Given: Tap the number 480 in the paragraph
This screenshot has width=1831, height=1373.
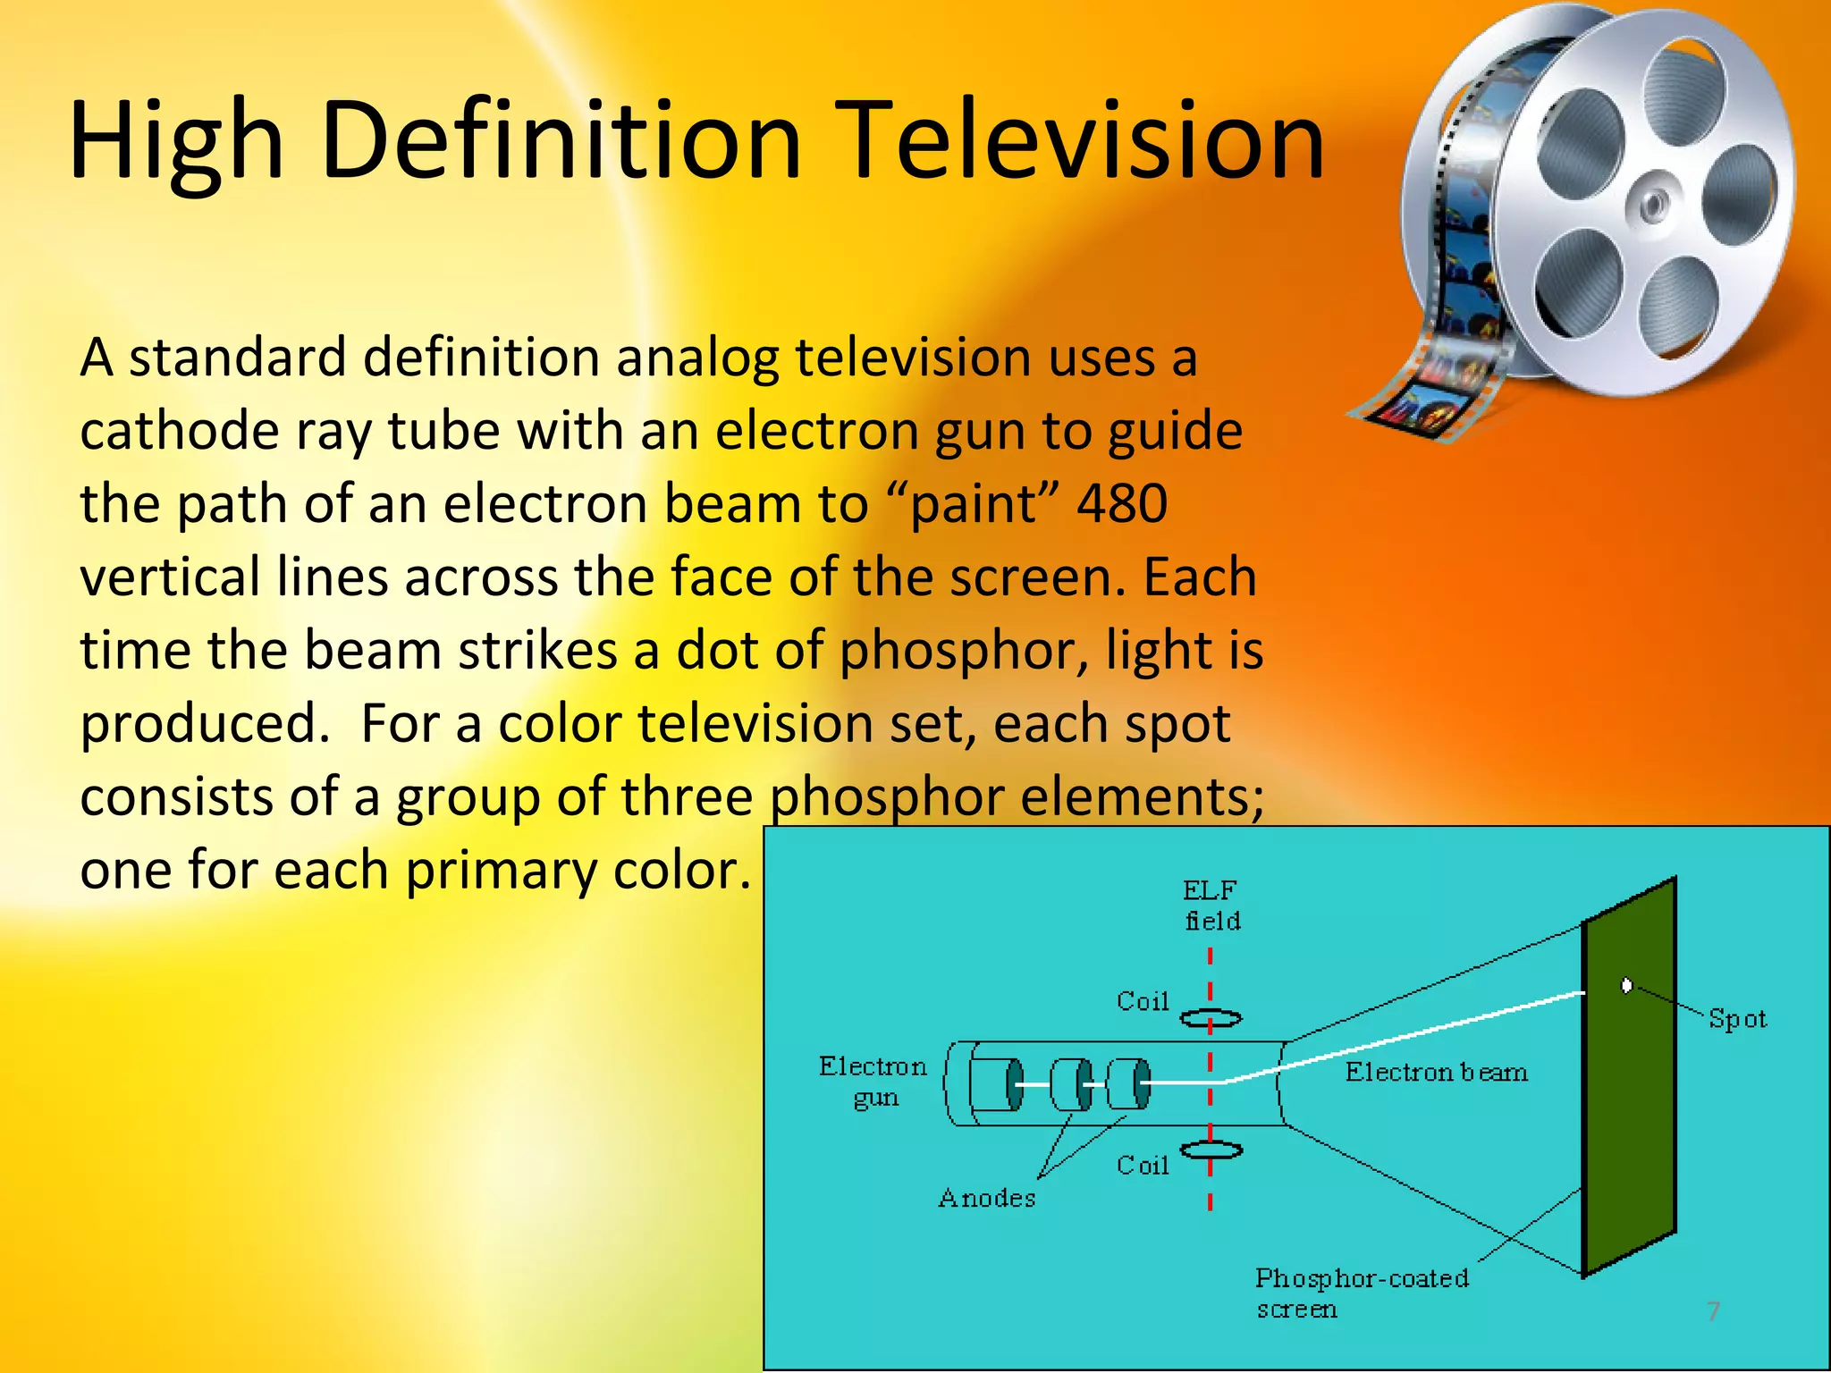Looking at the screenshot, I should [1121, 503].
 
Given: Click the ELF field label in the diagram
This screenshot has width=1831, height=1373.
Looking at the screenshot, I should [1211, 905].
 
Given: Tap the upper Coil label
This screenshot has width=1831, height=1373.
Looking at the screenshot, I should [1143, 1001].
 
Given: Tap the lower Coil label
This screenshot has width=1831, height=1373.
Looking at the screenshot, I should [1143, 1165].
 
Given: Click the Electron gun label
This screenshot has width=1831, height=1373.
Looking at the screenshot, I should [873, 1082].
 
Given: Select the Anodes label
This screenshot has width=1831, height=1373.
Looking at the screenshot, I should [986, 1198].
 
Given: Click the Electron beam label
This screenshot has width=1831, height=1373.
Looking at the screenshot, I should [1436, 1072].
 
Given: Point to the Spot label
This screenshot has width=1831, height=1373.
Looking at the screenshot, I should [1736, 1019].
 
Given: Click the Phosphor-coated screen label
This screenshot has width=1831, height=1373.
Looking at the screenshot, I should [1361, 1293].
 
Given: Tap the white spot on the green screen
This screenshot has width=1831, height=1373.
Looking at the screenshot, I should [1626, 985].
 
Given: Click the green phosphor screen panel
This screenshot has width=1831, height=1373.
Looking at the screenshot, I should [1629, 1117].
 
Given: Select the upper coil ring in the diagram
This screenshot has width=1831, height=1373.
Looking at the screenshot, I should [1211, 1018].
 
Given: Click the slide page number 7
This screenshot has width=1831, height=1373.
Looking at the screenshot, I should [1713, 1311].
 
